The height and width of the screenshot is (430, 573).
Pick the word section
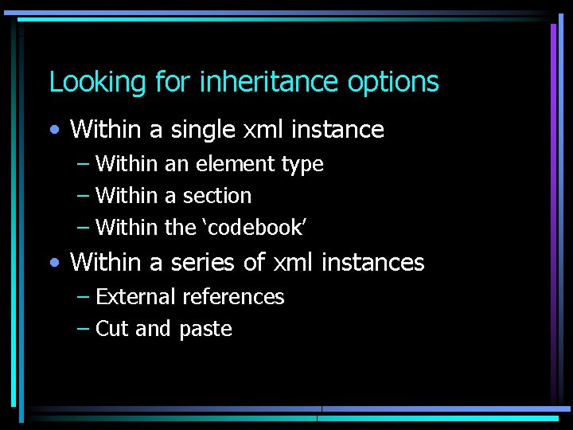[x=217, y=196]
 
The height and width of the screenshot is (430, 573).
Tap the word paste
[x=205, y=330]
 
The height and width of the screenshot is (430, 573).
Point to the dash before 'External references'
[x=83, y=298]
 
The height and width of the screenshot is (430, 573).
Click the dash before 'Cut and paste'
[x=83, y=330]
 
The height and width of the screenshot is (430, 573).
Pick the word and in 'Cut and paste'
[x=154, y=329]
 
